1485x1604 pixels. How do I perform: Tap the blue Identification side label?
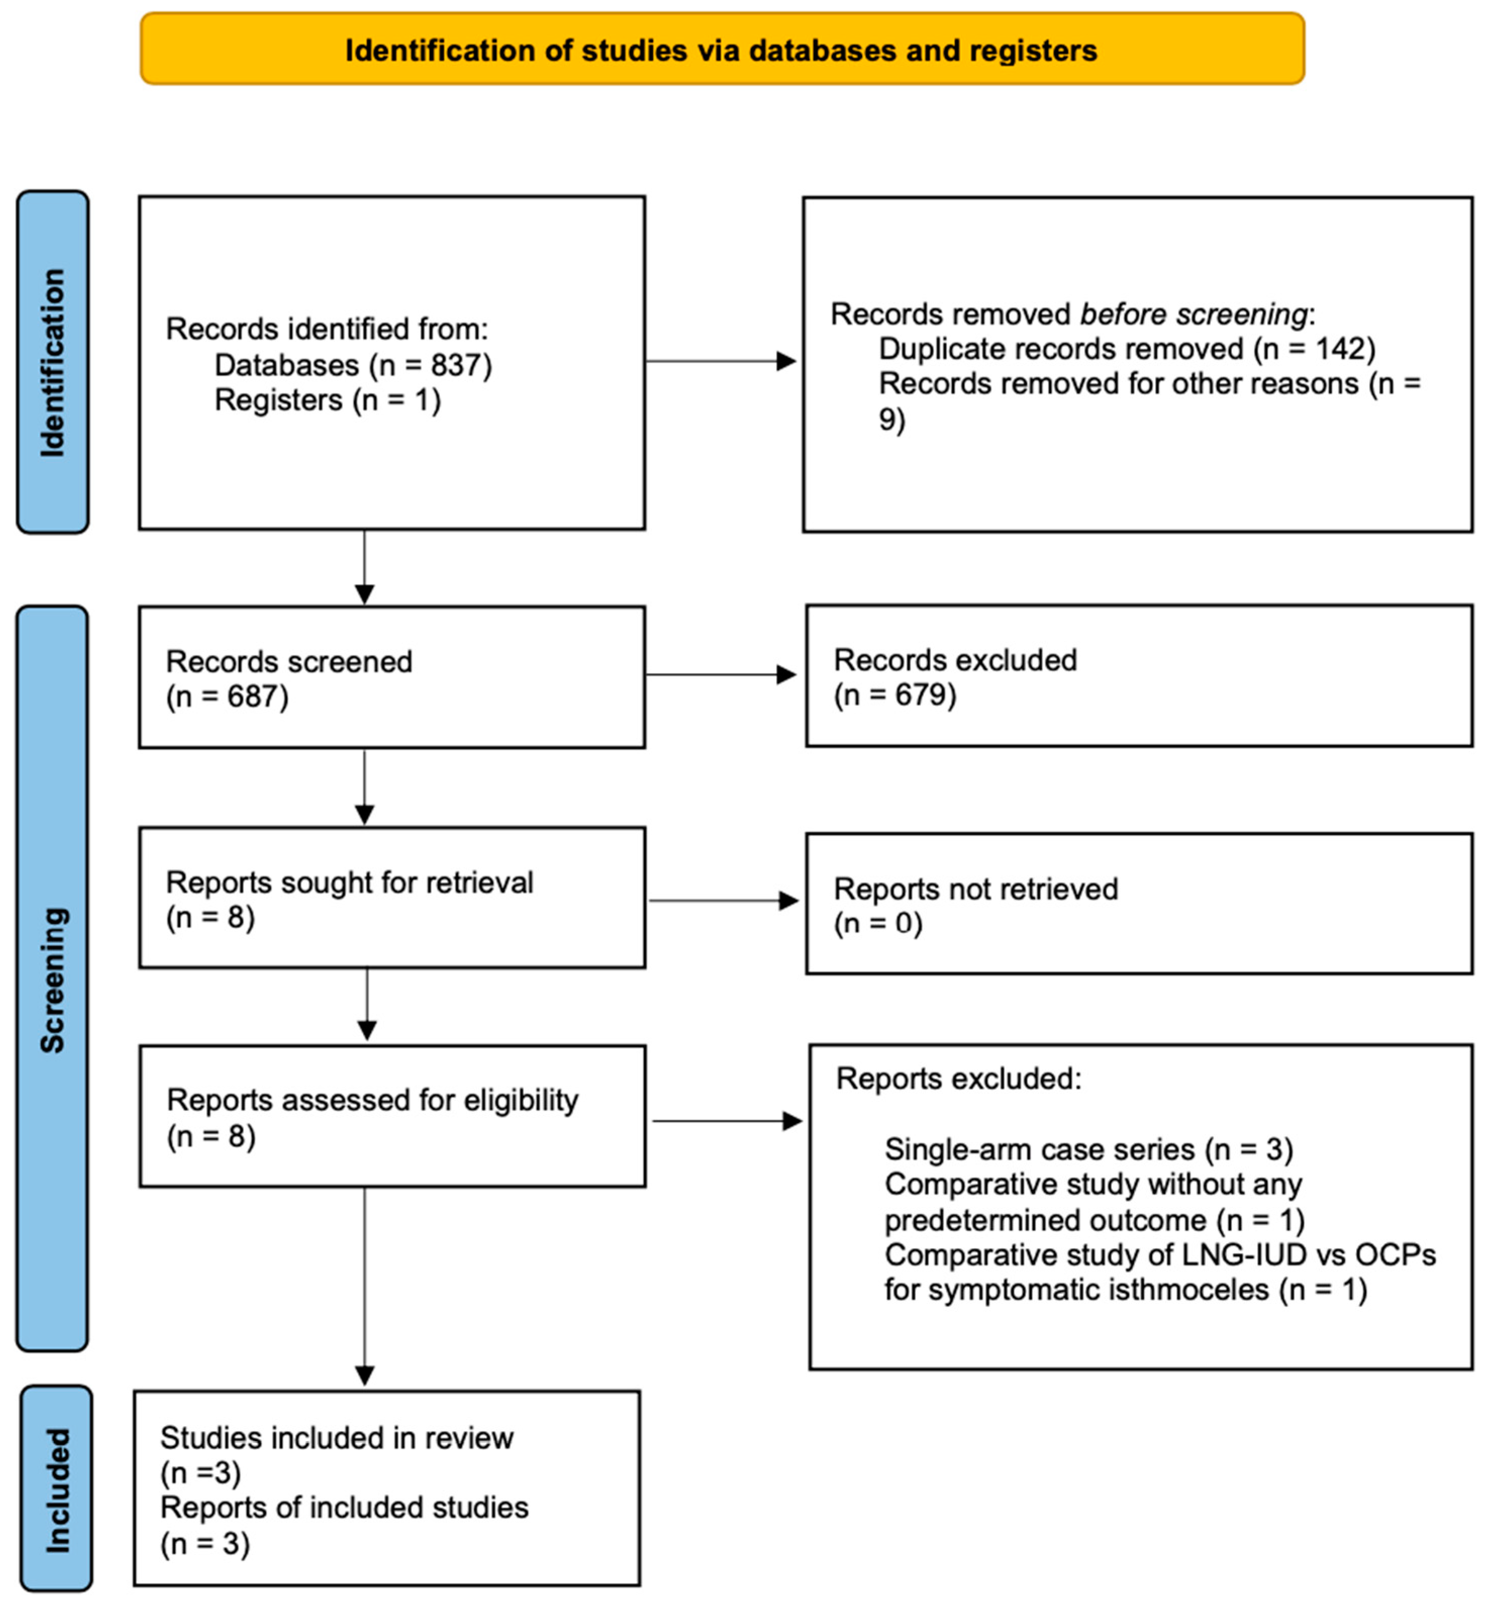pos(52,362)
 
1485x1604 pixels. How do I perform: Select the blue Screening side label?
pos(52,979)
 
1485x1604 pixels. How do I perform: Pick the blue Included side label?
pos(56,1490)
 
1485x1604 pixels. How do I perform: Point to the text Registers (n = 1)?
pos(327,400)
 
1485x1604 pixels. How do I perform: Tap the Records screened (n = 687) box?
pos(391,677)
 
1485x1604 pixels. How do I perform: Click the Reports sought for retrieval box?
pos(391,898)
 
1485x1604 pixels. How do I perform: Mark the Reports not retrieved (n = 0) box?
pos(1138,905)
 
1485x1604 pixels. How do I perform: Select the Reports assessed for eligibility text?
pos(372,1100)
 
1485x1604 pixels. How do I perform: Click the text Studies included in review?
pos(337,1438)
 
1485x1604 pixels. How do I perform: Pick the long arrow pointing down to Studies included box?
pos(365,1286)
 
